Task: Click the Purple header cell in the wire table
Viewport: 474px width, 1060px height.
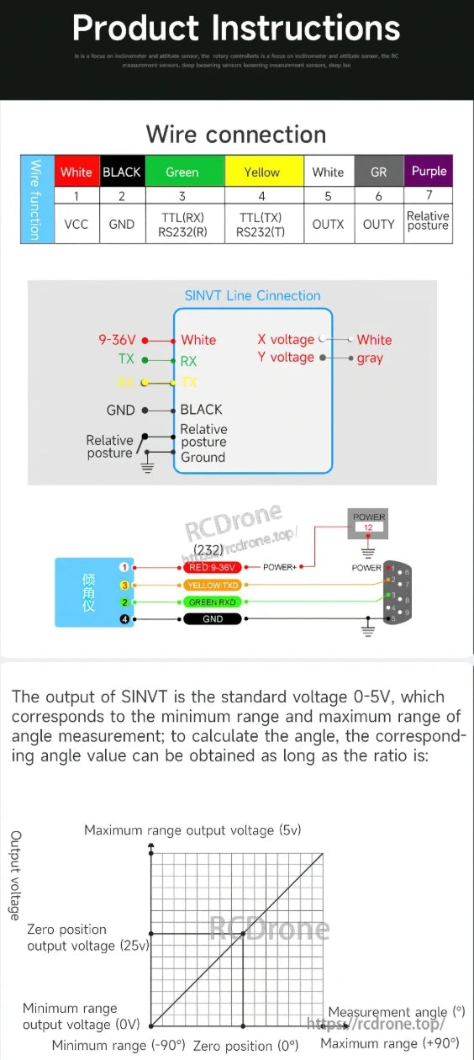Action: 429,172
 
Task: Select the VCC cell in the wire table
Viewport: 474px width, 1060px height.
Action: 76,224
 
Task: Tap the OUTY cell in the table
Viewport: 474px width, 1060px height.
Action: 378,224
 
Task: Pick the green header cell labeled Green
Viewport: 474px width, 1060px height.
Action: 182,172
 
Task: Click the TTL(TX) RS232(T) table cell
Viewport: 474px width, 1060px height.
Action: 261,224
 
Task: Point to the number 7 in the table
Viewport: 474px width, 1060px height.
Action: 429,195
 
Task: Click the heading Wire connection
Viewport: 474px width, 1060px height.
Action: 236,135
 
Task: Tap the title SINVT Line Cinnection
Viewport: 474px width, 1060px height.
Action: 252,295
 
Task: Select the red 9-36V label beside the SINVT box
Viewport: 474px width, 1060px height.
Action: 117,340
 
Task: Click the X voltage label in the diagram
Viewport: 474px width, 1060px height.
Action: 286,340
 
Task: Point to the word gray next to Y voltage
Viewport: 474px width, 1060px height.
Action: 370,358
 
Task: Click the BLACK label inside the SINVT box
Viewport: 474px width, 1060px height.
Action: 201,410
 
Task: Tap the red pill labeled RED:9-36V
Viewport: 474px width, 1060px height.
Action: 213,567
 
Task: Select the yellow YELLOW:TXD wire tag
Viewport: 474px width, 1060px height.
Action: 213,585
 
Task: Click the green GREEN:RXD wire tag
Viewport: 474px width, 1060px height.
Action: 213,602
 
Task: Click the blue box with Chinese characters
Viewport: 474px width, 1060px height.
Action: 88,591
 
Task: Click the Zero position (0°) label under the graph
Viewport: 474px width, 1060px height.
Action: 245,1046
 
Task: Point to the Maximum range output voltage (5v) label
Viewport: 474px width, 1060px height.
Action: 192,830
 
